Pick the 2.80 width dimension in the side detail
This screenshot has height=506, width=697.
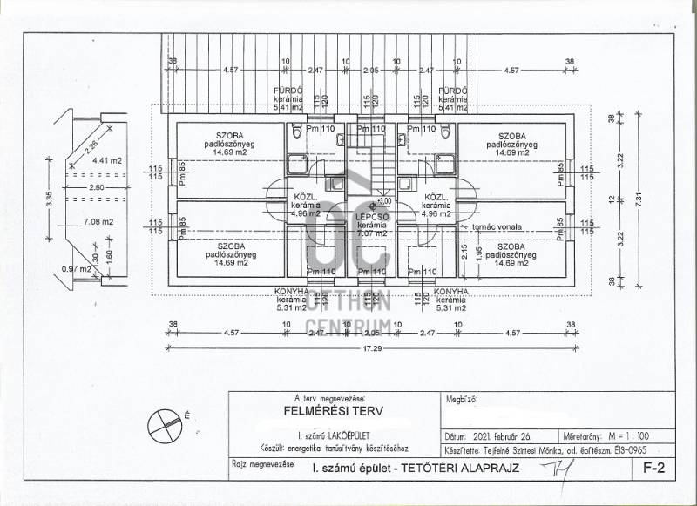[x=96, y=187]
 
